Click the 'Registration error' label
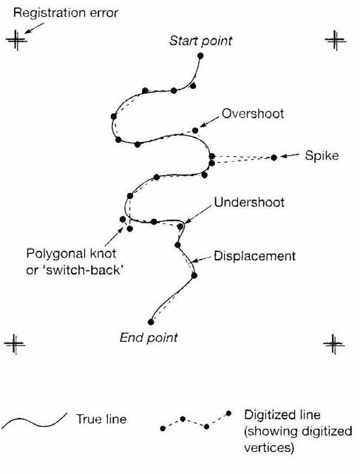(x=66, y=13)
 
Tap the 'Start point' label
(x=201, y=41)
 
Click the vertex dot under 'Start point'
(x=200, y=55)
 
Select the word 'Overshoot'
(x=253, y=114)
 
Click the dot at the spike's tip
(x=274, y=158)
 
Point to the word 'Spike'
(x=322, y=156)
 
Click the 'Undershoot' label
(x=249, y=202)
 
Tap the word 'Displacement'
(x=254, y=256)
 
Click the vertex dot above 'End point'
(x=151, y=322)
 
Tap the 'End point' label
(x=149, y=338)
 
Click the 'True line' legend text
(x=101, y=419)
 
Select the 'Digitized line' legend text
(x=282, y=415)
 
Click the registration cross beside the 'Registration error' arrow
(x=16, y=40)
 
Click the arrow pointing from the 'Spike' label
(x=290, y=156)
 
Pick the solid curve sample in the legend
(x=34, y=421)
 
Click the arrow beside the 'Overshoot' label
(x=209, y=121)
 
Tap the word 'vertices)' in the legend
(x=269, y=447)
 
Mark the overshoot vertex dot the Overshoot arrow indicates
(x=195, y=131)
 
